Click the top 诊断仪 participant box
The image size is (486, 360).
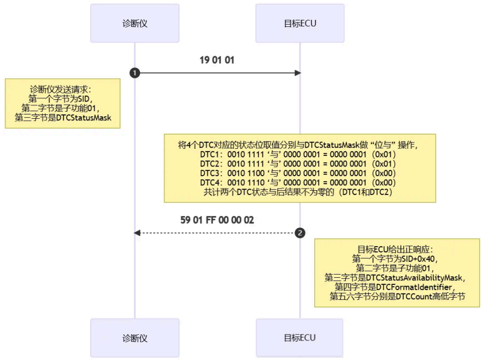[x=134, y=24]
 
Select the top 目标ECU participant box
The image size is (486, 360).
[x=300, y=24]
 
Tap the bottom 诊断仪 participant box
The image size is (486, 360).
[x=134, y=338]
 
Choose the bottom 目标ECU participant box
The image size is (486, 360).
[x=299, y=338]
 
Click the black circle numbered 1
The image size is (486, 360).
[x=134, y=73]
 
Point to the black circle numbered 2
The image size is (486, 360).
[x=300, y=233]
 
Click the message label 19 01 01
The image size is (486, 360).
[x=217, y=60]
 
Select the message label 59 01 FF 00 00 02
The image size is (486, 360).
[x=217, y=220]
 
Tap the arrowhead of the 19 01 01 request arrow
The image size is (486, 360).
[x=297, y=73]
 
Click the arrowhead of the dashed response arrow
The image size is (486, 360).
[x=137, y=233]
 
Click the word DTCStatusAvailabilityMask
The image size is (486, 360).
[x=414, y=277]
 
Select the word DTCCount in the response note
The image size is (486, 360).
[x=413, y=297]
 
